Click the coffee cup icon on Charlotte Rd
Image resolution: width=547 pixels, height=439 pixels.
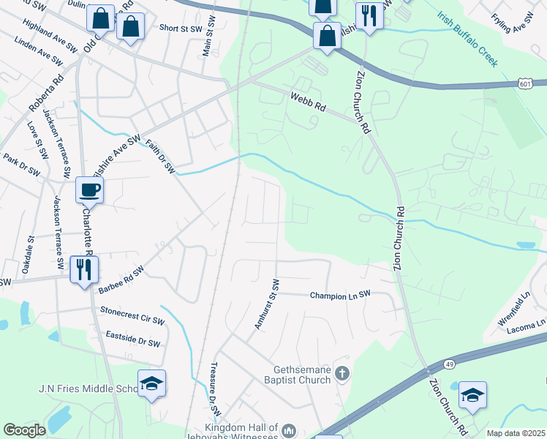tap(89, 190)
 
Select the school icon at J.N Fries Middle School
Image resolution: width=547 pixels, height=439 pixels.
tap(151, 384)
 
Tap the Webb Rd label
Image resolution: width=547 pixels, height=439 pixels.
tap(307, 101)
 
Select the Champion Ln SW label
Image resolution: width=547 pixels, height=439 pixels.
tap(340, 295)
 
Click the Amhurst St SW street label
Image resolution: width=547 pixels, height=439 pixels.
tap(266, 304)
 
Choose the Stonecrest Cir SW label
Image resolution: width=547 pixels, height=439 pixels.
tap(132, 315)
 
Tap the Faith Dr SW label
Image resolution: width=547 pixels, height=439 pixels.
tap(160, 157)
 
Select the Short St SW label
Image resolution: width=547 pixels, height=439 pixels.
tap(179, 29)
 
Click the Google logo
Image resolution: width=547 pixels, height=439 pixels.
tap(24, 430)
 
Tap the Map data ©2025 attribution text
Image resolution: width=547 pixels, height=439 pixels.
tap(516, 433)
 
